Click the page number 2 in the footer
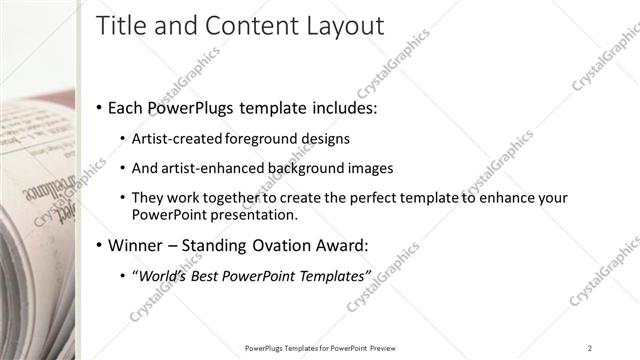[590, 348]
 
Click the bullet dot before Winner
[99, 245]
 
